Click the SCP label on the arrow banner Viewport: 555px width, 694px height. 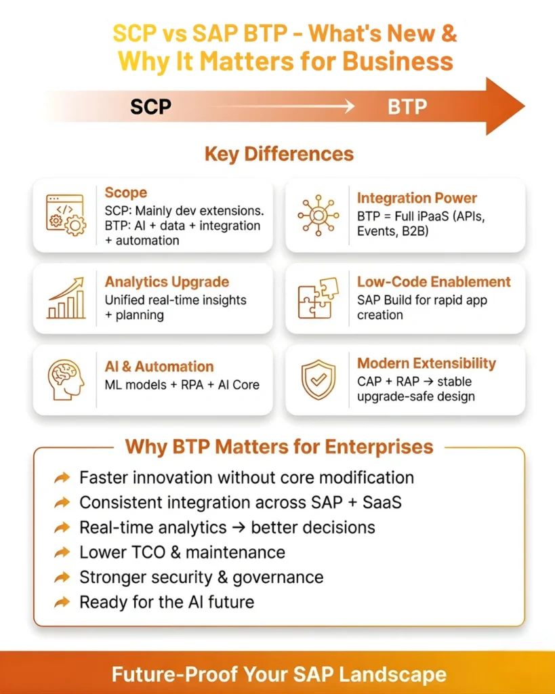150,107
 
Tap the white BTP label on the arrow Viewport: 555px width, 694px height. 407,107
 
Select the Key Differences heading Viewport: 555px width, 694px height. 279,154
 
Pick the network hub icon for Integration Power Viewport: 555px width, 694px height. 318,215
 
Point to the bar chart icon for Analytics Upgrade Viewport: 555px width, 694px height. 66,298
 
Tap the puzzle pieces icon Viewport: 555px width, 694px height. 318,298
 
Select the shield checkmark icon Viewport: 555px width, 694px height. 318,379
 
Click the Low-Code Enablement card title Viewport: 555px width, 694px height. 434,282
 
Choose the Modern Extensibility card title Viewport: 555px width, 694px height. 426,363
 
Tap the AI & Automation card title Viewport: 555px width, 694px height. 159,367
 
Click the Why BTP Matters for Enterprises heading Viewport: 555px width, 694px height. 279,447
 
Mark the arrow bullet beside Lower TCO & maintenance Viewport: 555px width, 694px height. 62,552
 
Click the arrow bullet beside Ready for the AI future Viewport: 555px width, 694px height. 62,602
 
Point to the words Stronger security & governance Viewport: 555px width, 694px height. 201,577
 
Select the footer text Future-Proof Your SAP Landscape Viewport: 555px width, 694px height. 279,674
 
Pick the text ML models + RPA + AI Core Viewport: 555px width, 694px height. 182,385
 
